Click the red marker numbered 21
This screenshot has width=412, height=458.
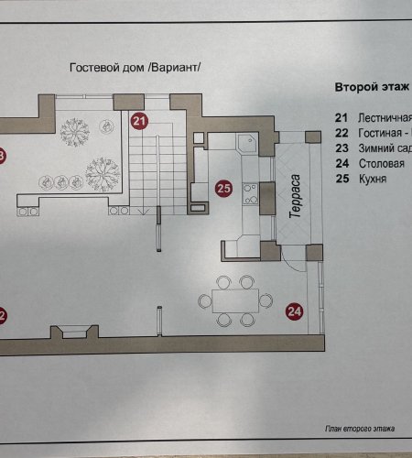(138, 120)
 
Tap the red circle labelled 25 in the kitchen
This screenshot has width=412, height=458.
(223, 190)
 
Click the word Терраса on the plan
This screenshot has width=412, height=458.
(296, 197)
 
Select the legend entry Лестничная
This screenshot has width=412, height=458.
(381, 118)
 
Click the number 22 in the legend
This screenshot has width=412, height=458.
(342, 134)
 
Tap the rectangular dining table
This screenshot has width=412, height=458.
(234, 300)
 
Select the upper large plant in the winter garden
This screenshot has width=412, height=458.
(74, 132)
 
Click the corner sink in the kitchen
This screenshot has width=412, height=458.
(244, 143)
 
